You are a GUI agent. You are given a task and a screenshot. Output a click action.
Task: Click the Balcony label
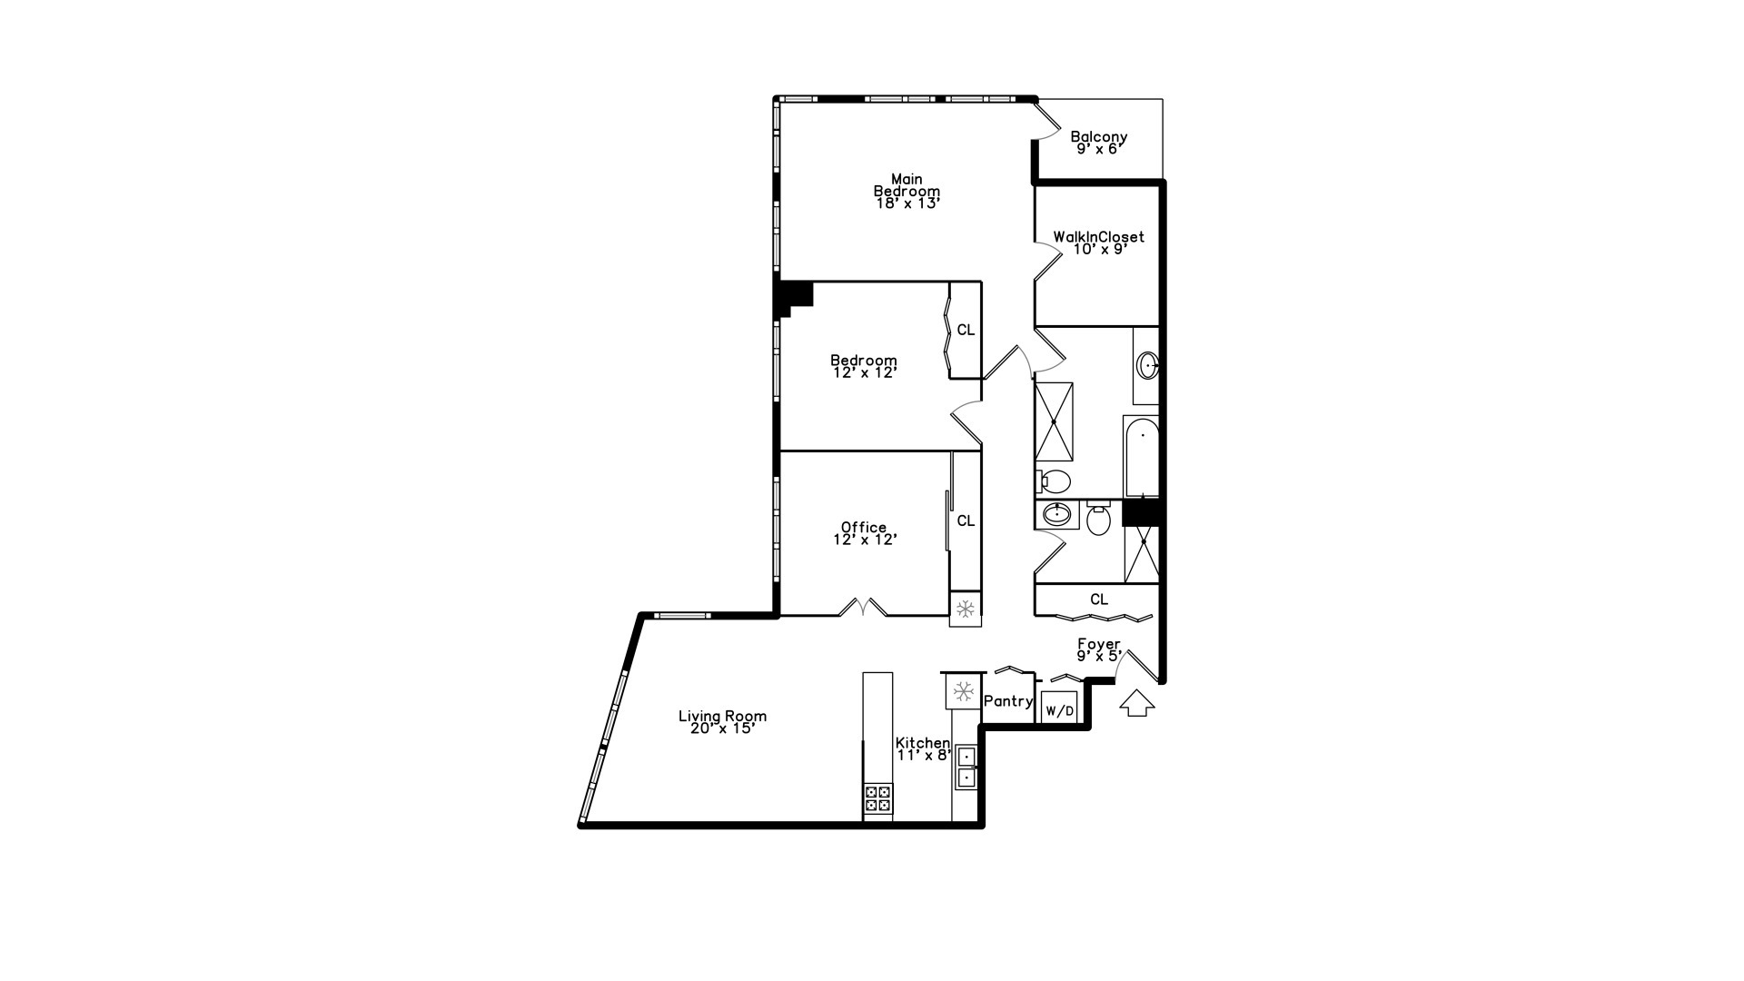click(x=1098, y=137)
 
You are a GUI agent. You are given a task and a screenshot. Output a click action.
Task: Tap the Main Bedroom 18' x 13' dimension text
click(x=907, y=203)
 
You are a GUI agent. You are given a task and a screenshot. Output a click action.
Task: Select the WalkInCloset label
click(x=1098, y=237)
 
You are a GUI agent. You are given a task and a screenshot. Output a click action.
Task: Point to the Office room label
click(x=863, y=528)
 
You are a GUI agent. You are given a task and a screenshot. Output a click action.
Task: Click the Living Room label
click(x=722, y=716)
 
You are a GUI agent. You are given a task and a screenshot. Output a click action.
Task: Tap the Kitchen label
click(x=923, y=743)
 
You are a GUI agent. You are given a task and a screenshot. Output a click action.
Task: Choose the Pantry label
click(x=1008, y=701)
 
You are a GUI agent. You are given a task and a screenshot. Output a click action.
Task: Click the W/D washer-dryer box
click(x=1059, y=709)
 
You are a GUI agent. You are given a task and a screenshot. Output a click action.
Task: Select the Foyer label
click(x=1098, y=644)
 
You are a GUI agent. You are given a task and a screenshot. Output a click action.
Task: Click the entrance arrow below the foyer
click(x=1136, y=703)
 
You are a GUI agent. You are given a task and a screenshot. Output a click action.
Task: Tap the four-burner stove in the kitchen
click(x=877, y=798)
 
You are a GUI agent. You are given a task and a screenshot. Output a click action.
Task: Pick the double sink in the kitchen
click(x=966, y=766)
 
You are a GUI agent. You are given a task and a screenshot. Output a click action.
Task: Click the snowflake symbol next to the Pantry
click(x=962, y=691)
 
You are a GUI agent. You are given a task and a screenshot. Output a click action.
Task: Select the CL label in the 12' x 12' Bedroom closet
click(x=966, y=330)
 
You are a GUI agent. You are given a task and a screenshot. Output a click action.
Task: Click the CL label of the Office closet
click(x=966, y=520)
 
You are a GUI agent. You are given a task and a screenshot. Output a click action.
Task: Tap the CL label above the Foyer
click(x=1099, y=599)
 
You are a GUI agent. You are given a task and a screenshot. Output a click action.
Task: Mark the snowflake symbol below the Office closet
click(x=966, y=609)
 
